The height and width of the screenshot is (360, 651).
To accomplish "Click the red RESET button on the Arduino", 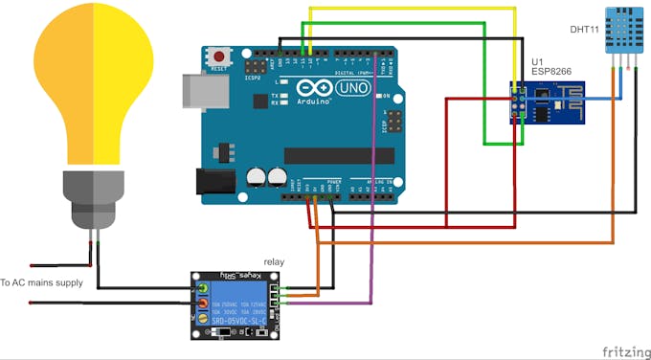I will coord(220,55).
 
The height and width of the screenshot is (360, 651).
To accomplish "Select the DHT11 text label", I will coord(584,30).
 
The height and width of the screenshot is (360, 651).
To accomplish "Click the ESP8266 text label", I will coord(551,72).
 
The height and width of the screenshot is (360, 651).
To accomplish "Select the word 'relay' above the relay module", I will coord(274,261).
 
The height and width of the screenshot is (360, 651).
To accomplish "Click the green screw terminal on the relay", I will coord(202,287).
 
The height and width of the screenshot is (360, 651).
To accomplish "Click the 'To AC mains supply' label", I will coord(42,282).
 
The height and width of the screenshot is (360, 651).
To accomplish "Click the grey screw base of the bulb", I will coord(93,195).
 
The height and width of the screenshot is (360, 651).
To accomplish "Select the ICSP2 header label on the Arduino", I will coord(253,79).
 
